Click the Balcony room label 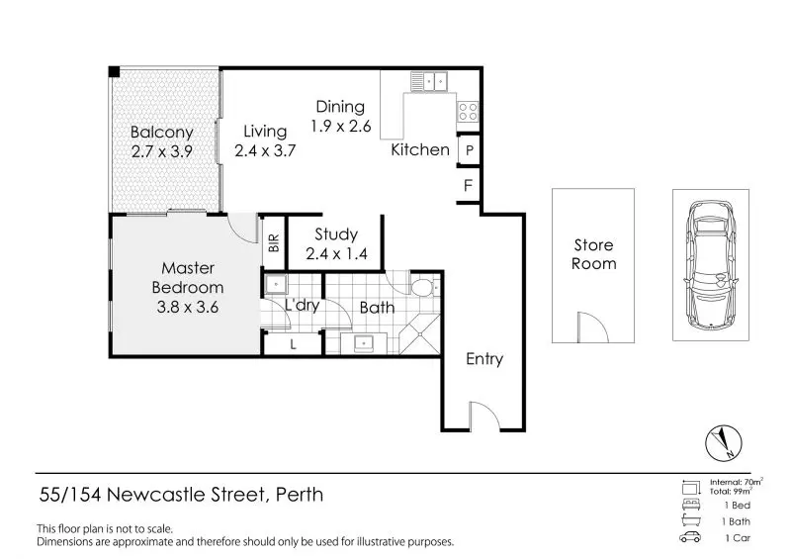(x=161, y=132)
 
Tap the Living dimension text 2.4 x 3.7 (x=266, y=150)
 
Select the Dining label (x=340, y=107)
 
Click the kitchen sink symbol (x=431, y=81)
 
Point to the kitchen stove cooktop (x=469, y=111)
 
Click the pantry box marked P (x=470, y=150)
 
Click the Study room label (x=335, y=235)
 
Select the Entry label (x=484, y=359)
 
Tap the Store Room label (x=593, y=254)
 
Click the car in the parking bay (x=711, y=264)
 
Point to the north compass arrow (x=721, y=441)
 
